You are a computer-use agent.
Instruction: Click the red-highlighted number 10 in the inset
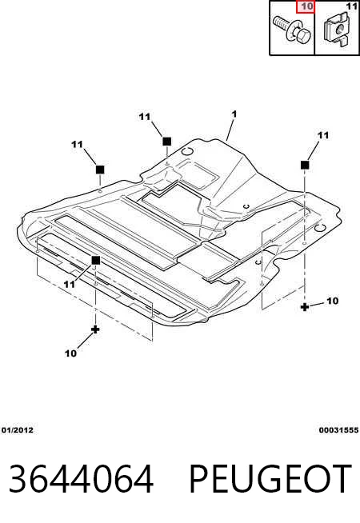pyautogui.click(x=305, y=6)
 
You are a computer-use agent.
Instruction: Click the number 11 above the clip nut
pyautogui.click(x=352, y=6)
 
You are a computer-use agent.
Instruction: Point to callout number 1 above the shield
pyautogui.click(x=234, y=114)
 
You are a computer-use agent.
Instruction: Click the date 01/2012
pyautogui.click(x=18, y=430)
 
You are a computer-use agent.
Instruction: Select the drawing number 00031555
pyautogui.click(x=338, y=430)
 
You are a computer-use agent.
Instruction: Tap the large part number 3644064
pyautogui.click(x=81, y=478)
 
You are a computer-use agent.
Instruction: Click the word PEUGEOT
pyautogui.click(x=270, y=478)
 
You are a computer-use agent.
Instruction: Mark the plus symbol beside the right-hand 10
pyautogui.click(x=304, y=306)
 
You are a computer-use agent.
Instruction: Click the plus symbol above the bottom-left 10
pyautogui.click(x=95, y=329)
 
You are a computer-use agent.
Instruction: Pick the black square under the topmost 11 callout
pyautogui.click(x=167, y=142)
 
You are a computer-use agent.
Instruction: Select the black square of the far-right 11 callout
pyautogui.click(x=305, y=165)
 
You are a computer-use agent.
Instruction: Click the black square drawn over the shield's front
pyautogui.click(x=96, y=261)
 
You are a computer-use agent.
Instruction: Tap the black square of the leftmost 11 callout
pyautogui.click(x=100, y=170)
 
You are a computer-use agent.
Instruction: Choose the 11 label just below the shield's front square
pyautogui.click(x=70, y=284)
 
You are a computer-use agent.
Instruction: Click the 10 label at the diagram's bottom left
pyautogui.click(x=70, y=353)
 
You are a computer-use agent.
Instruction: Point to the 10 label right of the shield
pyautogui.click(x=333, y=301)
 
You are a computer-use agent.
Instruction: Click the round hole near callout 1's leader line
pyautogui.click(x=187, y=151)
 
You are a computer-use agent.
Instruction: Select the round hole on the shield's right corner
pyautogui.click(x=321, y=229)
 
